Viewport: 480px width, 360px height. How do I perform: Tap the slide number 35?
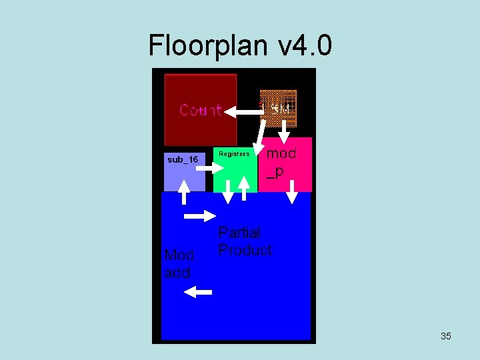click(x=445, y=336)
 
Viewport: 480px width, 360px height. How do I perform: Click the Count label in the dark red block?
click(x=200, y=110)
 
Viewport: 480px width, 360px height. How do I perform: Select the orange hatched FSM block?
click(x=278, y=108)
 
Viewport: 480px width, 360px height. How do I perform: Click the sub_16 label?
click(x=183, y=159)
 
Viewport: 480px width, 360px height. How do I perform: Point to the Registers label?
click(x=234, y=154)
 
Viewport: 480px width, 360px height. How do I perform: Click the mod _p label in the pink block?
click(x=281, y=162)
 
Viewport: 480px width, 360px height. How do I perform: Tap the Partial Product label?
click(x=245, y=241)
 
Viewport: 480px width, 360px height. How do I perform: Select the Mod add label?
click(x=179, y=264)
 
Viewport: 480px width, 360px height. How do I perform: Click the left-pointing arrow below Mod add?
click(x=198, y=291)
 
